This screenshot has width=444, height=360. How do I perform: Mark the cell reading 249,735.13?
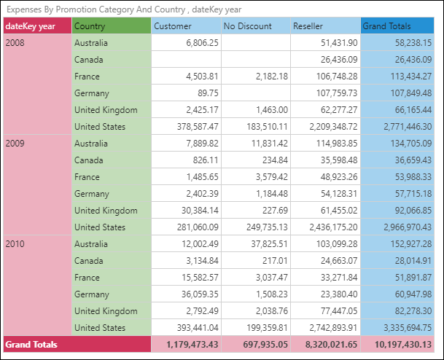pos(262,227)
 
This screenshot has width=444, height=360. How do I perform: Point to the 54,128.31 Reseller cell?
pos(335,194)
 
